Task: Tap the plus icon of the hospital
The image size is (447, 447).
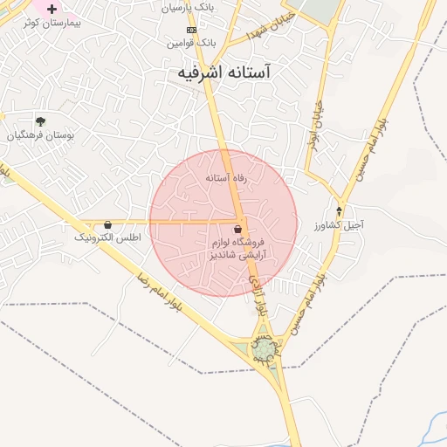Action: (x=52, y=8)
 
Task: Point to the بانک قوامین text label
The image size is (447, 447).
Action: (x=192, y=42)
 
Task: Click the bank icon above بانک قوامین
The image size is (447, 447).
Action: (x=191, y=29)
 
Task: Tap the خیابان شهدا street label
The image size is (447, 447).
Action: (x=272, y=24)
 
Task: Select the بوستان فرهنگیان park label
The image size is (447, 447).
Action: (x=41, y=135)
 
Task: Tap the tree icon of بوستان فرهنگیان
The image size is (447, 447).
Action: (x=40, y=121)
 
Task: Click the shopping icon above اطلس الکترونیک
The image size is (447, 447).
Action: (x=107, y=224)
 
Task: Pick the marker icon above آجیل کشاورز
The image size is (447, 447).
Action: (x=340, y=211)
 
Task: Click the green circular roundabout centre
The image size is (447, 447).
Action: (x=264, y=350)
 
